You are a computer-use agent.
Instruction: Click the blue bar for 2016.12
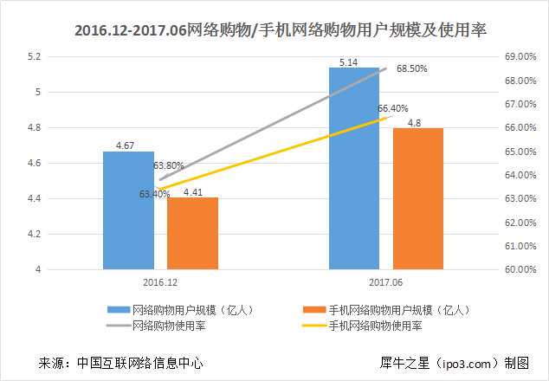(x=128, y=210)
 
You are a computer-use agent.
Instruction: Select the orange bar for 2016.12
(x=192, y=234)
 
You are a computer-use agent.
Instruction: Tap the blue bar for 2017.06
(x=354, y=169)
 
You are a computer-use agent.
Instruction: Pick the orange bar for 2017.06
(x=417, y=199)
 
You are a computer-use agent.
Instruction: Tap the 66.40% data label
(x=392, y=108)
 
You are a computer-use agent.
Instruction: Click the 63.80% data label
(x=168, y=165)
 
